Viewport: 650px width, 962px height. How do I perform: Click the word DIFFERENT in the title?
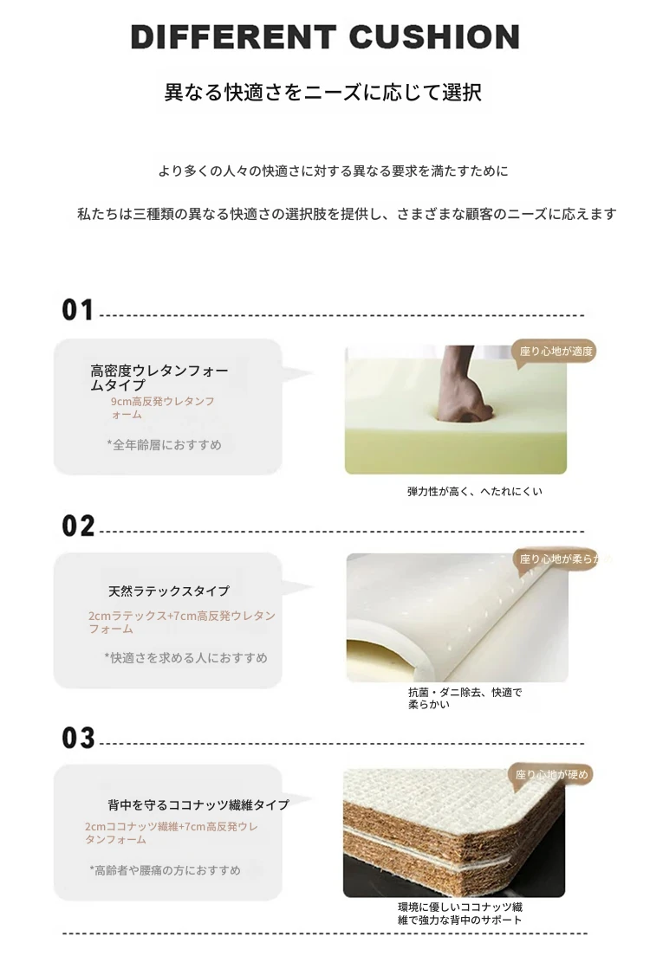pyautogui.click(x=233, y=37)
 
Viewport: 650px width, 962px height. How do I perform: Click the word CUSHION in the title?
pyautogui.click(x=434, y=37)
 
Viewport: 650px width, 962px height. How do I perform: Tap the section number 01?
pyautogui.click(x=78, y=310)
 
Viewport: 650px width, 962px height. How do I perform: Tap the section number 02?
pyautogui.click(x=78, y=526)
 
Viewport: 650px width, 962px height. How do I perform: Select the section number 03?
pyautogui.click(x=78, y=738)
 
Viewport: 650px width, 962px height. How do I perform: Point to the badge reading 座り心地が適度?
pyautogui.click(x=556, y=352)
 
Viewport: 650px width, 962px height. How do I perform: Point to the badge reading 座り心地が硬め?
pyautogui.click(x=550, y=775)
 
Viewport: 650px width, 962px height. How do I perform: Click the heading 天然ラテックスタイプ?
pyautogui.click(x=169, y=591)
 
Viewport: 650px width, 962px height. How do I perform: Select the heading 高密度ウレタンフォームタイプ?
pyautogui.click(x=159, y=378)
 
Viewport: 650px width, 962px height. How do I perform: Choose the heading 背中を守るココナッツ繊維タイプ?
pyautogui.click(x=198, y=804)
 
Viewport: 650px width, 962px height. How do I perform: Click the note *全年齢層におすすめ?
pyautogui.click(x=164, y=445)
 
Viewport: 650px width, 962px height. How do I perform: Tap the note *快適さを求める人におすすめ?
pyautogui.click(x=186, y=658)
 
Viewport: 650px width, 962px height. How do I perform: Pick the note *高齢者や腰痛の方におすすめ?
pyautogui.click(x=166, y=870)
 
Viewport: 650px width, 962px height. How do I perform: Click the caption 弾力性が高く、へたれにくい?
pyautogui.click(x=474, y=492)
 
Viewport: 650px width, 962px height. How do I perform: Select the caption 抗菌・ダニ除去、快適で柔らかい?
pyautogui.click(x=465, y=698)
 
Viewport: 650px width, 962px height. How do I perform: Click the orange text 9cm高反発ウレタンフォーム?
pyautogui.click(x=163, y=408)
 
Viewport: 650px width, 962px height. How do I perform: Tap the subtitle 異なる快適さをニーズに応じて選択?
pyautogui.click(x=323, y=93)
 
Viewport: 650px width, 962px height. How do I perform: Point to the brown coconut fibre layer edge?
pyautogui.click(x=454, y=822)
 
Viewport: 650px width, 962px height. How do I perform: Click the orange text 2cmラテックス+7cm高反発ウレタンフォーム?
pyautogui.click(x=182, y=622)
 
